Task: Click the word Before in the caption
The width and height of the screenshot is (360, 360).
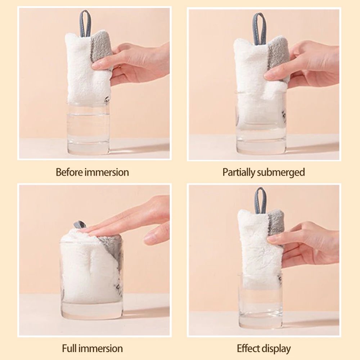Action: point(69,172)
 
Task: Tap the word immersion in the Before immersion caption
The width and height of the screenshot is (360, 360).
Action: point(107,172)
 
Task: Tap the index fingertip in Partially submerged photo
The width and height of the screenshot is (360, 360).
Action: point(269,75)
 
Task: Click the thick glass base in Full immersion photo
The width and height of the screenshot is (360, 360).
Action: point(92,310)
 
